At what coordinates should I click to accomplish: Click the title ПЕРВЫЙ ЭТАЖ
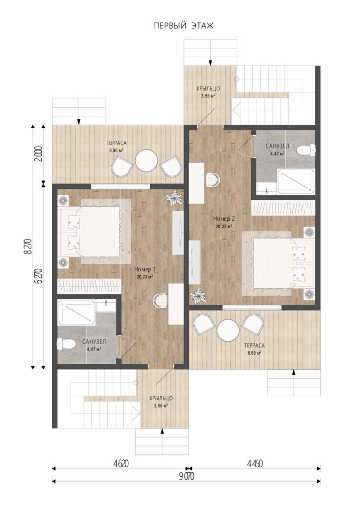click(x=184, y=26)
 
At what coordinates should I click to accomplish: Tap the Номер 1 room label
click(x=145, y=269)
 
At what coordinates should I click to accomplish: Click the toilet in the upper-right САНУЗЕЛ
click(x=306, y=150)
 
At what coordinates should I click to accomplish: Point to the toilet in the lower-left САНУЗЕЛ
click(x=66, y=343)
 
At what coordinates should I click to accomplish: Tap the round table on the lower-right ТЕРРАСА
click(x=228, y=331)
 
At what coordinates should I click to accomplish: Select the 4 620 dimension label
click(x=121, y=464)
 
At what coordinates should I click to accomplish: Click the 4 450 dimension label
click(x=255, y=464)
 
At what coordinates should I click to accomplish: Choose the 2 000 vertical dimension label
click(x=39, y=155)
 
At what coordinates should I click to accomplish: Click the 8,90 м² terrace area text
click(x=116, y=150)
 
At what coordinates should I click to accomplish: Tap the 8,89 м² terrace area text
click(x=254, y=353)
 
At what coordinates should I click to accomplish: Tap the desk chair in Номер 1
click(x=161, y=301)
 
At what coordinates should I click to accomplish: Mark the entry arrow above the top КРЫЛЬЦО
click(x=210, y=62)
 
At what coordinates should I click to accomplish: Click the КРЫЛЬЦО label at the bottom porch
click(x=161, y=398)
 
